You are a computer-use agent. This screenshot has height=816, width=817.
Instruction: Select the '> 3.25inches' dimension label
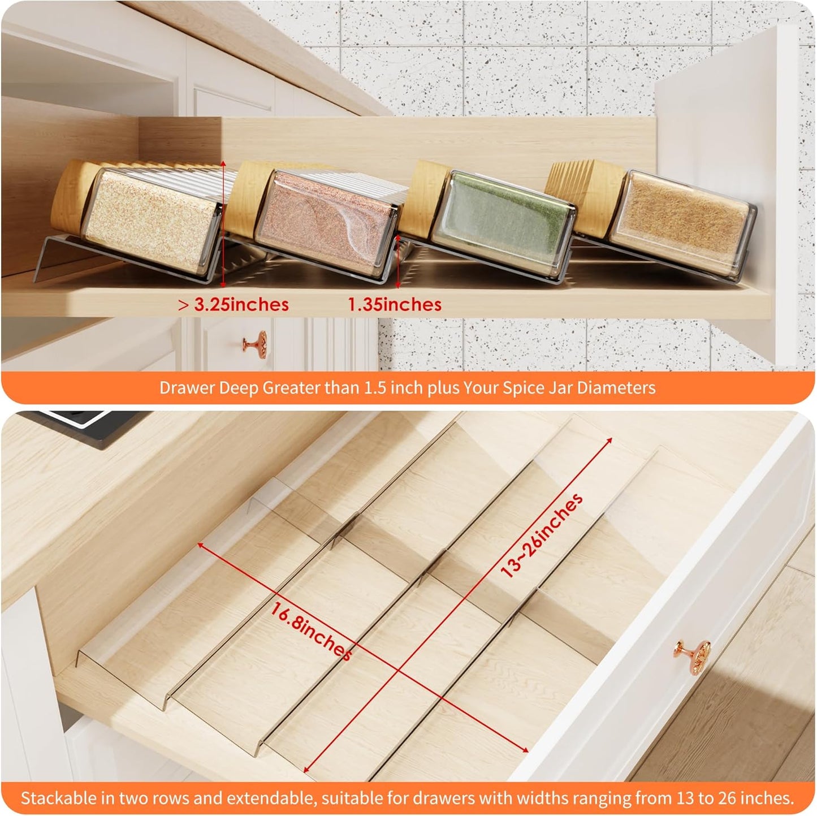pyautogui.click(x=234, y=305)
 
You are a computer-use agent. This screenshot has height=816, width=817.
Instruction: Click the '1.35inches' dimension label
pyautogui.click(x=395, y=305)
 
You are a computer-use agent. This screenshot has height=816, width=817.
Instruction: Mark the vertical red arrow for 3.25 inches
pyautogui.click(x=223, y=223)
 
